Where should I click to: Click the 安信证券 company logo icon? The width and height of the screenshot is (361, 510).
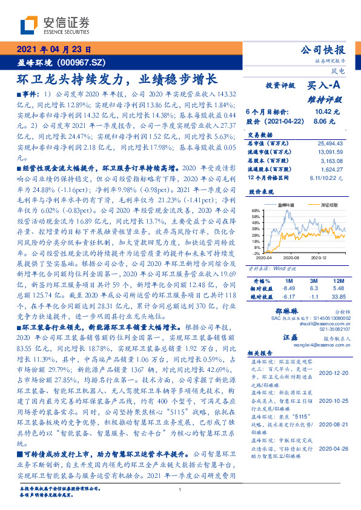pyautogui.click(x=28, y=26)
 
